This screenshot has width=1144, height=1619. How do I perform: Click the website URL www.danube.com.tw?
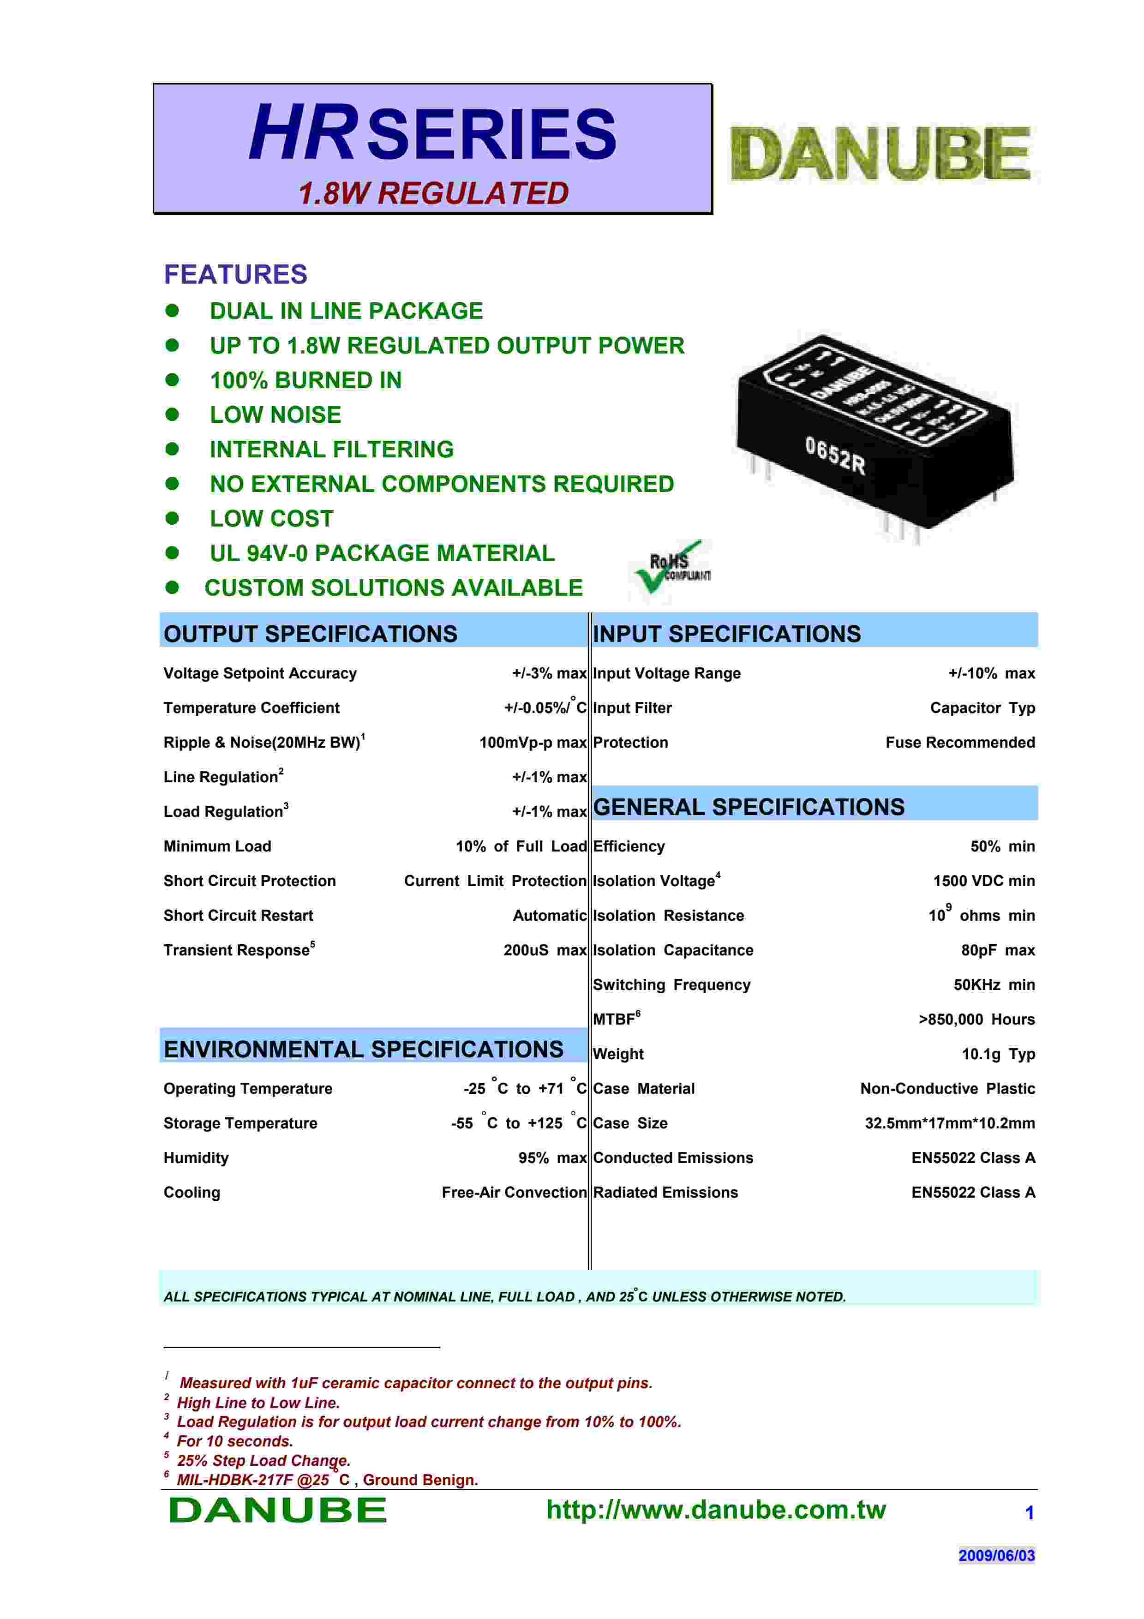click(715, 1510)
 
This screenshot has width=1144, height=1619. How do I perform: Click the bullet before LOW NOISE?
click(172, 414)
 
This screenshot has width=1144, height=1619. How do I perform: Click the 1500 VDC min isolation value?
click(983, 881)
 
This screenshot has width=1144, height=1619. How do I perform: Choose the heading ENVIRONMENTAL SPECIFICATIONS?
click(363, 1049)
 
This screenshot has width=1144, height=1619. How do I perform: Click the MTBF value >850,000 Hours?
click(976, 1019)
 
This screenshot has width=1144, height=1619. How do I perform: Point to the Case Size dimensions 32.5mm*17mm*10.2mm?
click(949, 1122)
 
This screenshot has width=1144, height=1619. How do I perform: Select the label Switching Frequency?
click(671, 984)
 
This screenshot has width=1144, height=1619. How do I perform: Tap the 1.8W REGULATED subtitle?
click(433, 193)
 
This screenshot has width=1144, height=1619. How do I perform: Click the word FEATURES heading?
click(235, 274)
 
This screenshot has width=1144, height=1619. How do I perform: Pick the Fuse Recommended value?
click(960, 743)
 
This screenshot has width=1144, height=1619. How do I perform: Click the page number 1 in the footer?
click(1029, 1512)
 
